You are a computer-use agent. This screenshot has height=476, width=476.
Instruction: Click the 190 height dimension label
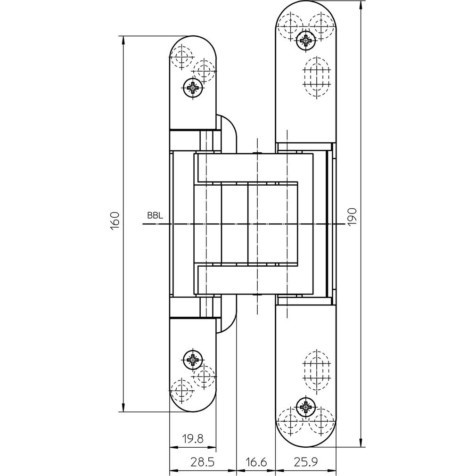coord(352,217)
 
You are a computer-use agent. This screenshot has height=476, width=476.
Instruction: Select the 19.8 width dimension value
coord(192,439)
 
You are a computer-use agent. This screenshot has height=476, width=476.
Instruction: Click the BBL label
coord(155,216)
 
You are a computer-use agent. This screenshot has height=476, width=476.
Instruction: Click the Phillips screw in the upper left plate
coord(193,88)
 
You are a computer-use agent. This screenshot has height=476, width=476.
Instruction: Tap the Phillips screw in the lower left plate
coord(193,360)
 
